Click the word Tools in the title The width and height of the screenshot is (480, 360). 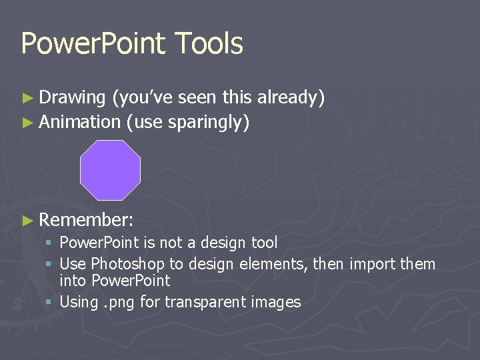209,43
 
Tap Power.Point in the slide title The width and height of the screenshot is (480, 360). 93,43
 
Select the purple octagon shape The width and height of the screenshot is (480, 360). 110,170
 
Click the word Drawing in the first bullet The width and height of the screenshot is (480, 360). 73,99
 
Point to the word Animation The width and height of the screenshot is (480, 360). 79,122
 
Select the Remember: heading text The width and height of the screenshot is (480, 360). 86,220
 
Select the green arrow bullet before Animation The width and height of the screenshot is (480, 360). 27,123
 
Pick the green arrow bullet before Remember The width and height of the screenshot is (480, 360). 27,221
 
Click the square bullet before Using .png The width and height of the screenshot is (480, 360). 50,302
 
